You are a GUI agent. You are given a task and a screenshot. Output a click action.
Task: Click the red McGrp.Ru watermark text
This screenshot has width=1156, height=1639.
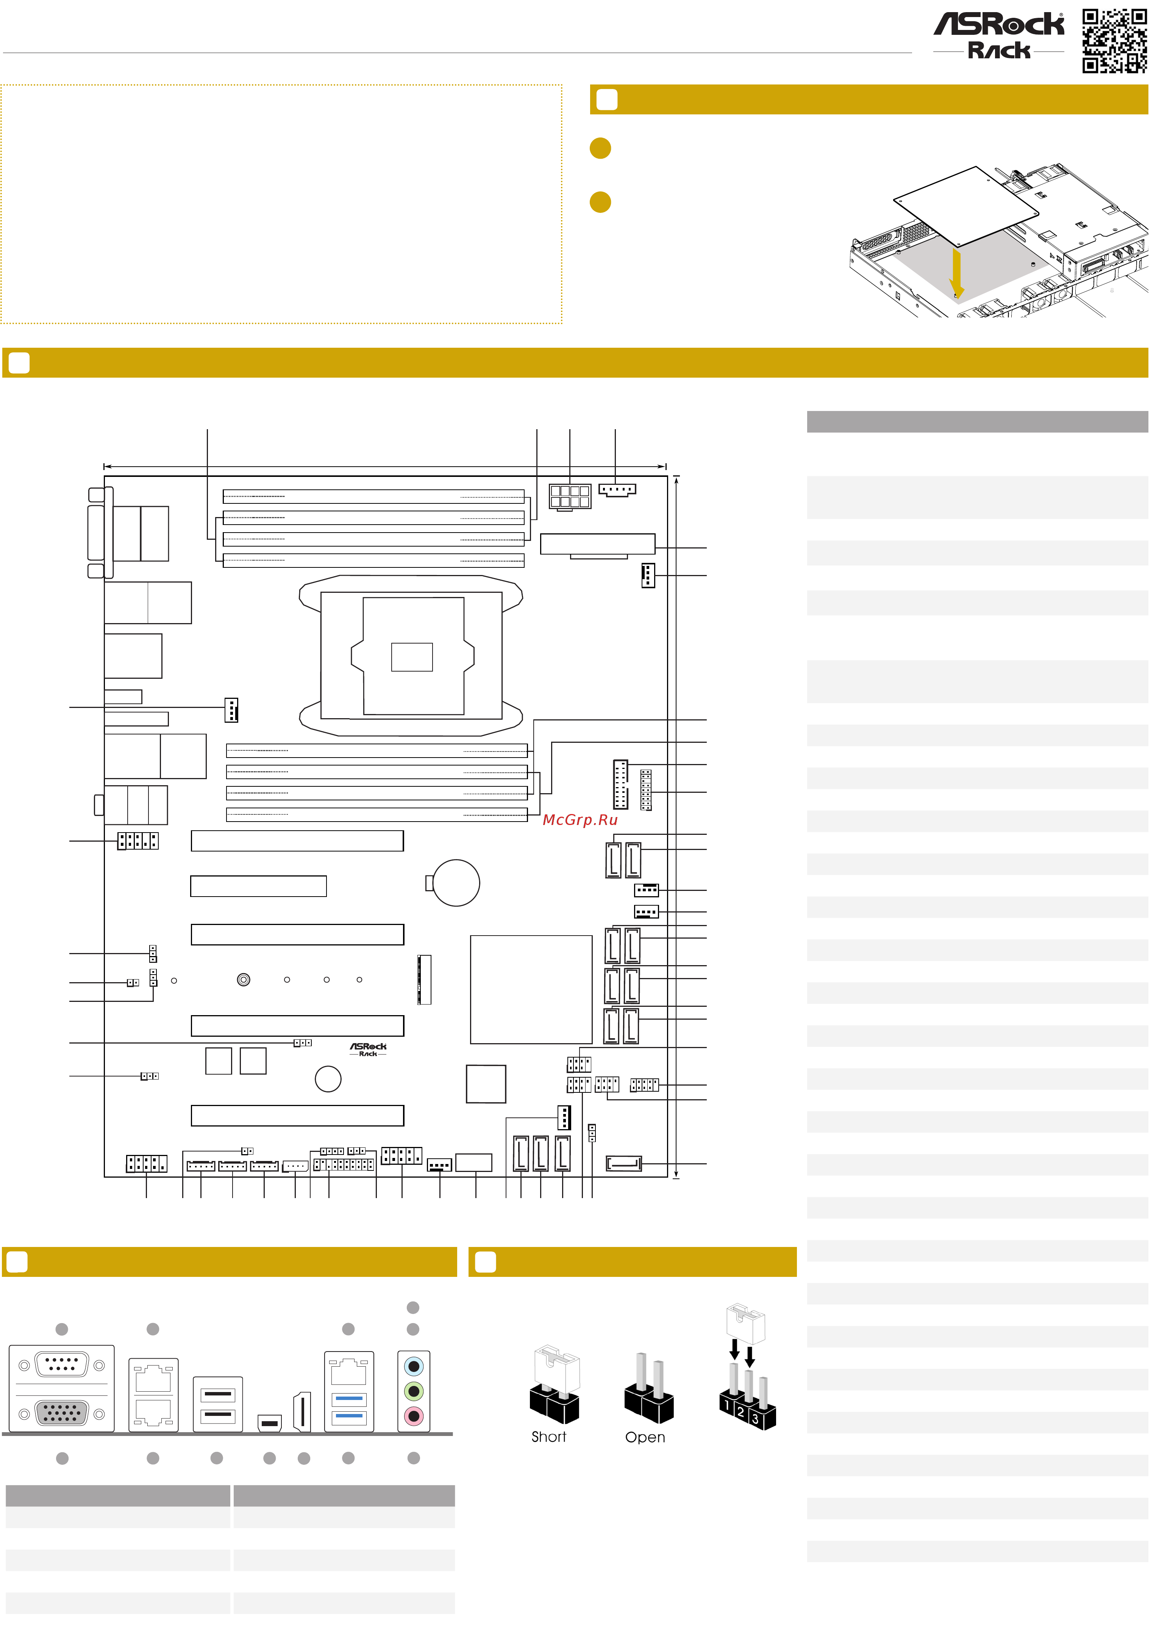pos(580,820)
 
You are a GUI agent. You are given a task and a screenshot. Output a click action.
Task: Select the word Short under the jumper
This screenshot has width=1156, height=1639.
pos(548,1437)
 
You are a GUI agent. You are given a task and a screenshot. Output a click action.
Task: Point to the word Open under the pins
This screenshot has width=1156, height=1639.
pos(645,1438)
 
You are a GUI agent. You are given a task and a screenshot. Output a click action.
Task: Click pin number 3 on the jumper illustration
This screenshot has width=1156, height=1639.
pos(755,1420)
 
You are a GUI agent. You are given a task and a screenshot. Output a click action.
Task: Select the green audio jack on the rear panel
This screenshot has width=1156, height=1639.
pos(413,1391)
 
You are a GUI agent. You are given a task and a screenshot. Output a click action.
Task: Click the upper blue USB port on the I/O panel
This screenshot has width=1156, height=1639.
pos(349,1399)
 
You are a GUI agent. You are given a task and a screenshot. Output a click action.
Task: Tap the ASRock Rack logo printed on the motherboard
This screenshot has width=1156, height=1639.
pos(368,1048)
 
